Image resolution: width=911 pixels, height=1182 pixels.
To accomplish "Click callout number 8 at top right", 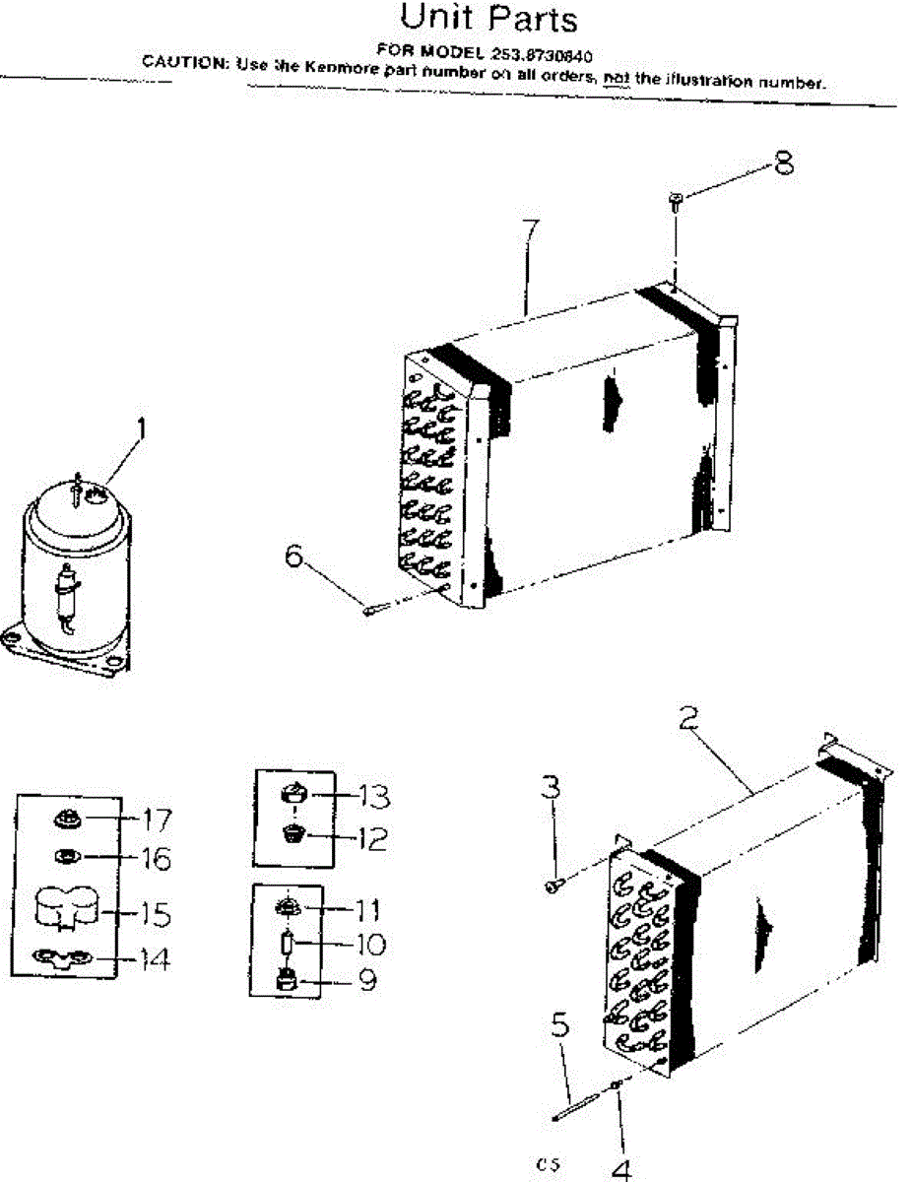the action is (783, 162).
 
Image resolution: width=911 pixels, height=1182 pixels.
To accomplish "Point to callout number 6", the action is (293, 556).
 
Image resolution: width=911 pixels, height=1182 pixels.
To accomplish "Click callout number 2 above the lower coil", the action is (688, 715).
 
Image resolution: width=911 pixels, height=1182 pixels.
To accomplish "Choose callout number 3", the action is (551, 787).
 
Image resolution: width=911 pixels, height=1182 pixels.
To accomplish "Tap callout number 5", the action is (559, 1026).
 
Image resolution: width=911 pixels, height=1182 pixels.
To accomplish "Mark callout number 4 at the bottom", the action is (620, 1169).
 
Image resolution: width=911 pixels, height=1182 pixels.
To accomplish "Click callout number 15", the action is (155, 915).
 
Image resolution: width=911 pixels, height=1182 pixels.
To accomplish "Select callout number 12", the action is (372, 839).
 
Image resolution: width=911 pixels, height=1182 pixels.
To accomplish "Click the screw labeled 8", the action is (677, 202).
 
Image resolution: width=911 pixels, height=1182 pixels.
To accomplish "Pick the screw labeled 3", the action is (553, 886).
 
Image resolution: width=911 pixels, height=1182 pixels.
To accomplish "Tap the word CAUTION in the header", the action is (185, 62).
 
